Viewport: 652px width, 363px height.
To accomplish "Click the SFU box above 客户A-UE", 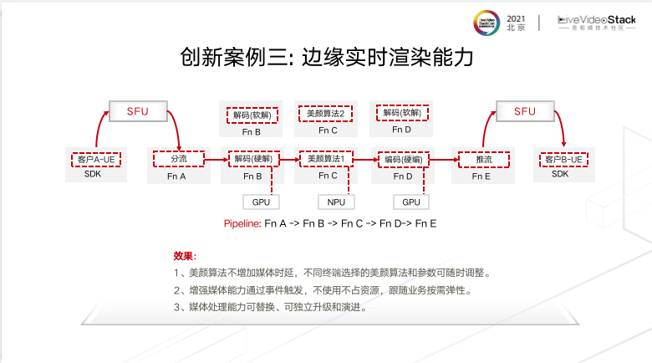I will (137, 112).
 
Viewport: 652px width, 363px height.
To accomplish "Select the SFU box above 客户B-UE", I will (524, 112).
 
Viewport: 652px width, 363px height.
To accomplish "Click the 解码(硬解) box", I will (252, 158).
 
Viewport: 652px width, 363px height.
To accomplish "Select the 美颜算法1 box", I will (327, 158).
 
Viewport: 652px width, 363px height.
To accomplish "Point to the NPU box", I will (336, 202).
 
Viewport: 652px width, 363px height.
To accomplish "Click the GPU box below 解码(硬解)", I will (260, 202).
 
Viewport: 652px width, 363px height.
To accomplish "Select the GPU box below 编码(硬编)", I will (410, 202).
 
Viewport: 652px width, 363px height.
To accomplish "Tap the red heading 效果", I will (183, 255).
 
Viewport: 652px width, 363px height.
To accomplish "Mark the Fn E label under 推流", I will (481, 176).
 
